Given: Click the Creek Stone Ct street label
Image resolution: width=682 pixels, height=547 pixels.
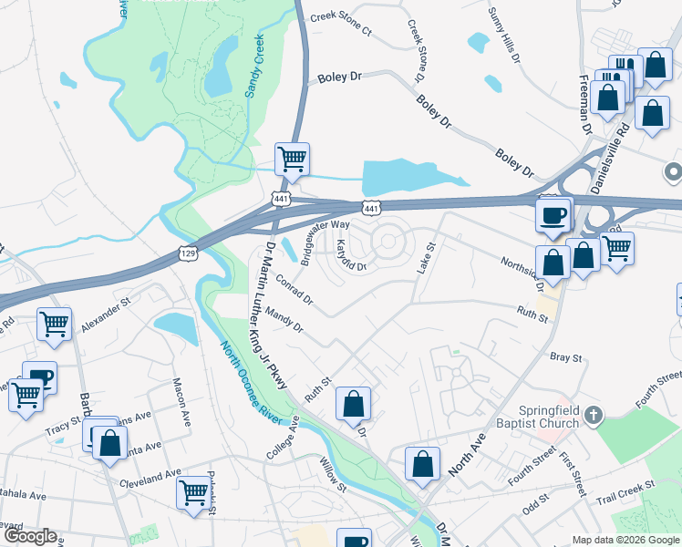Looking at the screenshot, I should tap(341, 24).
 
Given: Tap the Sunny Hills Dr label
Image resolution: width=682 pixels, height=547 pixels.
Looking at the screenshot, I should tap(503, 36).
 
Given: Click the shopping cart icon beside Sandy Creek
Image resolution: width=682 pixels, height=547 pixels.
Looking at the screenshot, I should tap(292, 160).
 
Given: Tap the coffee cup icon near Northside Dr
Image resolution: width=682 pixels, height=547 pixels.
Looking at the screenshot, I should tap(553, 216).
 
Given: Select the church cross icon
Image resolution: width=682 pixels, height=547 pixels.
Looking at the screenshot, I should tap(593, 417).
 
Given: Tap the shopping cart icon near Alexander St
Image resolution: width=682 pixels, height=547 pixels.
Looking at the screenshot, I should tap(55, 323).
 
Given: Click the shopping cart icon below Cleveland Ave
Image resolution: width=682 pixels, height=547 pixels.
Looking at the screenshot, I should tap(193, 492).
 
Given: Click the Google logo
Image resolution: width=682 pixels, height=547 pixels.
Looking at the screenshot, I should tap(30, 536).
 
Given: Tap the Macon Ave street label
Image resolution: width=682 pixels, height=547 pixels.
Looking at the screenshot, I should tap(180, 394).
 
